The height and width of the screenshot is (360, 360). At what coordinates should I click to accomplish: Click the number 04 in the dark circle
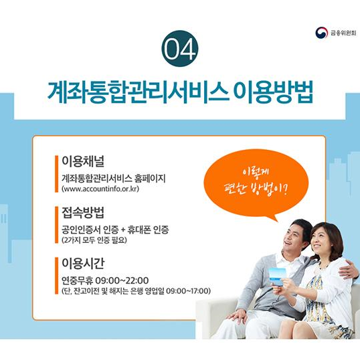[x=180, y=49]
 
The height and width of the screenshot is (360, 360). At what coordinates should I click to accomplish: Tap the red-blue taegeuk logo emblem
[x=321, y=33]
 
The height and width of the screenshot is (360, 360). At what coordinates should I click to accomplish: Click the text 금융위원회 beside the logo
[x=343, y=33]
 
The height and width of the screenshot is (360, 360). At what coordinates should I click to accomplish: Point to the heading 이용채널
[x=83, y=161]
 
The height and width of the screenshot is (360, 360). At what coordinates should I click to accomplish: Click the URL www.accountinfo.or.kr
[x=100, y=189]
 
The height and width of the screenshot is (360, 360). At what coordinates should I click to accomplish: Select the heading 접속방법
[x=83, y=212]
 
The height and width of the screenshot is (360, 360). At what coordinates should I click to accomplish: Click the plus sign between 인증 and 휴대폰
[x=123, y=230]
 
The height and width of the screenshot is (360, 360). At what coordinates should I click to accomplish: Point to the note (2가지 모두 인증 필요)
[x=94, y=240]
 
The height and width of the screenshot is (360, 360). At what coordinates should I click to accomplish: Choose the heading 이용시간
[x=83, y=263]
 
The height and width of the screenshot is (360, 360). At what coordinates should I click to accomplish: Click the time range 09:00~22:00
[x=122, y=280]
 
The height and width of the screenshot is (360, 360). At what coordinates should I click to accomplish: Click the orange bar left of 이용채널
[x=56, y=174]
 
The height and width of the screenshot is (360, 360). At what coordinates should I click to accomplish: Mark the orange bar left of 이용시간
[x=56, y=276]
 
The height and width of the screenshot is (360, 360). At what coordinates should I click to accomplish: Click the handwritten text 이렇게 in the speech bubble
[x=256, y=171]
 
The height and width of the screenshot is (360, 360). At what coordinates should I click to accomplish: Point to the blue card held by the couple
[x=277, y=276]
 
